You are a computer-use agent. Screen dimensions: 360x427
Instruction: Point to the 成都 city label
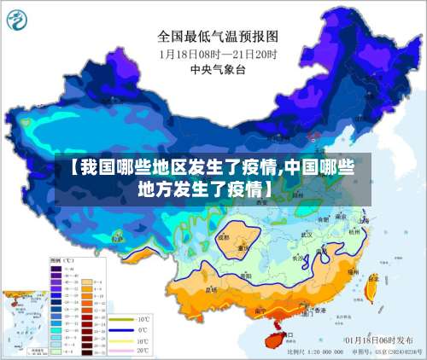point(224,238)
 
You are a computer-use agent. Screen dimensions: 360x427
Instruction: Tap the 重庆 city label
point(243,249)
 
